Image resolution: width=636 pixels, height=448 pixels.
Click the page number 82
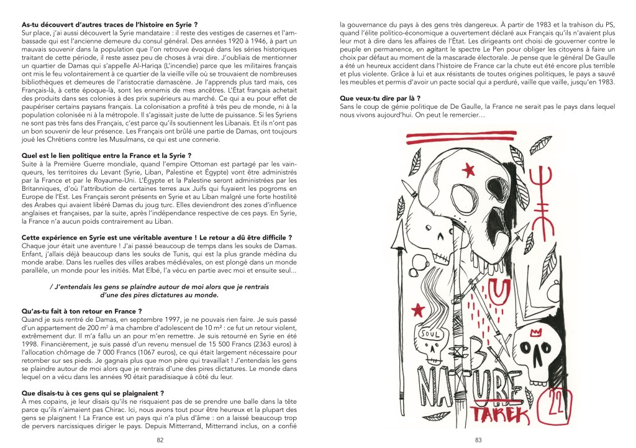[160, 439]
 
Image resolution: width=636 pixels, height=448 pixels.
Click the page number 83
[478, 439]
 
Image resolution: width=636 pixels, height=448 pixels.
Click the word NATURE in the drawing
[465, 386]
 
